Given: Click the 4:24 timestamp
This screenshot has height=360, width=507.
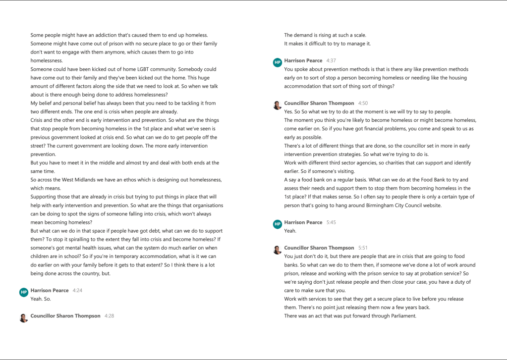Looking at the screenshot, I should pos(77,290).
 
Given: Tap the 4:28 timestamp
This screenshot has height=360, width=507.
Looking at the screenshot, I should pos(109,315).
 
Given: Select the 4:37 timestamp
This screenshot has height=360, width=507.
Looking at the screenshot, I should pos(331,60).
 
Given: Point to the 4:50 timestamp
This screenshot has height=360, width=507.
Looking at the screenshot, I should pos(363,103).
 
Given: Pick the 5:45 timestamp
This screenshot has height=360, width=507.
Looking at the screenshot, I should pos(331,222).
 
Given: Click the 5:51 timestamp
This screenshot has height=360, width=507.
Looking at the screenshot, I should pos(363,248).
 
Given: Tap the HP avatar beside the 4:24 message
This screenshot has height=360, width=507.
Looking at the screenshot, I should pos(23,293).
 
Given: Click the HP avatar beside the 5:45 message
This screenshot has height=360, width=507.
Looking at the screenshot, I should pos(277,225).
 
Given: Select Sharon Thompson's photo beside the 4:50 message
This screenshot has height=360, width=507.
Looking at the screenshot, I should pos(277,105).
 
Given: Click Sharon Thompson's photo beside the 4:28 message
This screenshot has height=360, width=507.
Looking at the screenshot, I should pos(23,318).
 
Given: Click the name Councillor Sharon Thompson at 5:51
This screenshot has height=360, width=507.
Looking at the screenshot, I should pos(319,248).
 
